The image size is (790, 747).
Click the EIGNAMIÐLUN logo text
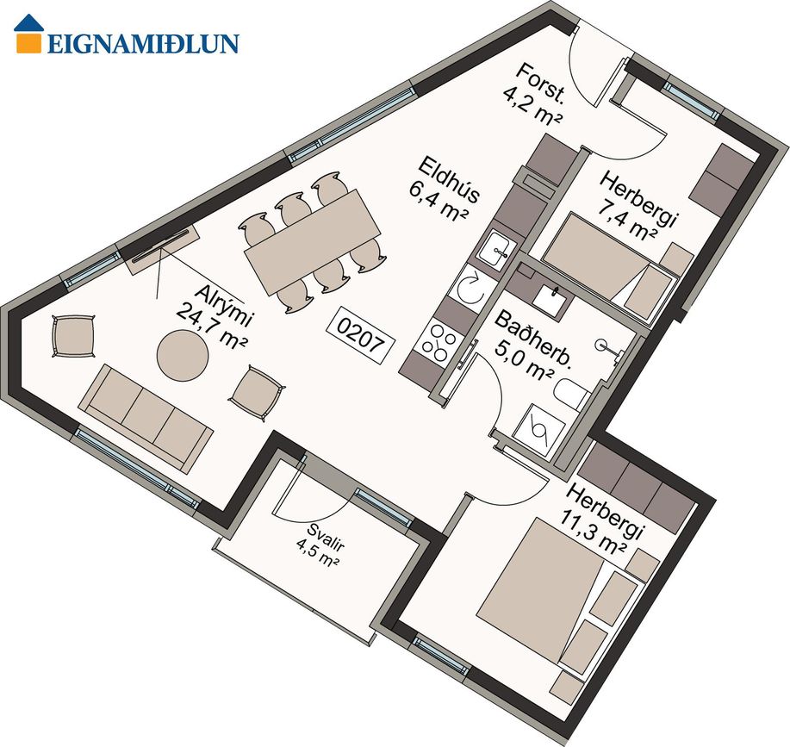point(143,44)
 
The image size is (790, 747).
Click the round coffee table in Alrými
point(183,356)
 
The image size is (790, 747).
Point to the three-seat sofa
point(146,419)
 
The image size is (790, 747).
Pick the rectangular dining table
point(312,242)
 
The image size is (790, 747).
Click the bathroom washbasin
point(552,298)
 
